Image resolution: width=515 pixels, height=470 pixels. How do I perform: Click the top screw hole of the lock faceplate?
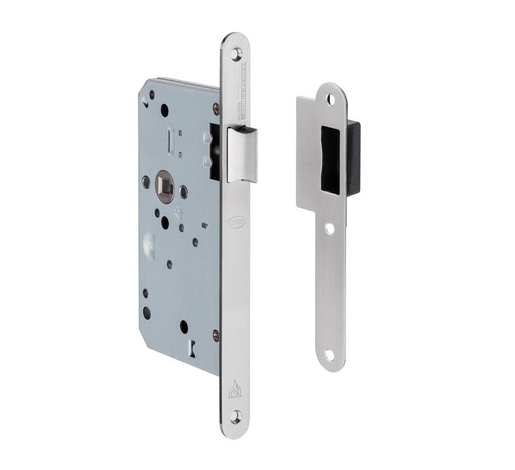pos(236,54)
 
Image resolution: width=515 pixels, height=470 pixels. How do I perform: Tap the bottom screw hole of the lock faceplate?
pos(236,416)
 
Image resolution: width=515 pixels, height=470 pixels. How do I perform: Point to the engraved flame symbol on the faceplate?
pos(235,388)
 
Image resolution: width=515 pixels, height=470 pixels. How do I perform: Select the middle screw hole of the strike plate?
pos(330,228)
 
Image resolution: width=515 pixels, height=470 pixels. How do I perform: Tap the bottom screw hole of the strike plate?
pos(329,355)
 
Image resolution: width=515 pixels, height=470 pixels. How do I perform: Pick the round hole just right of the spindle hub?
pos(184,192)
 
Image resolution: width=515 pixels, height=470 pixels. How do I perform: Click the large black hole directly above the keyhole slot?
pos(184,325)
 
